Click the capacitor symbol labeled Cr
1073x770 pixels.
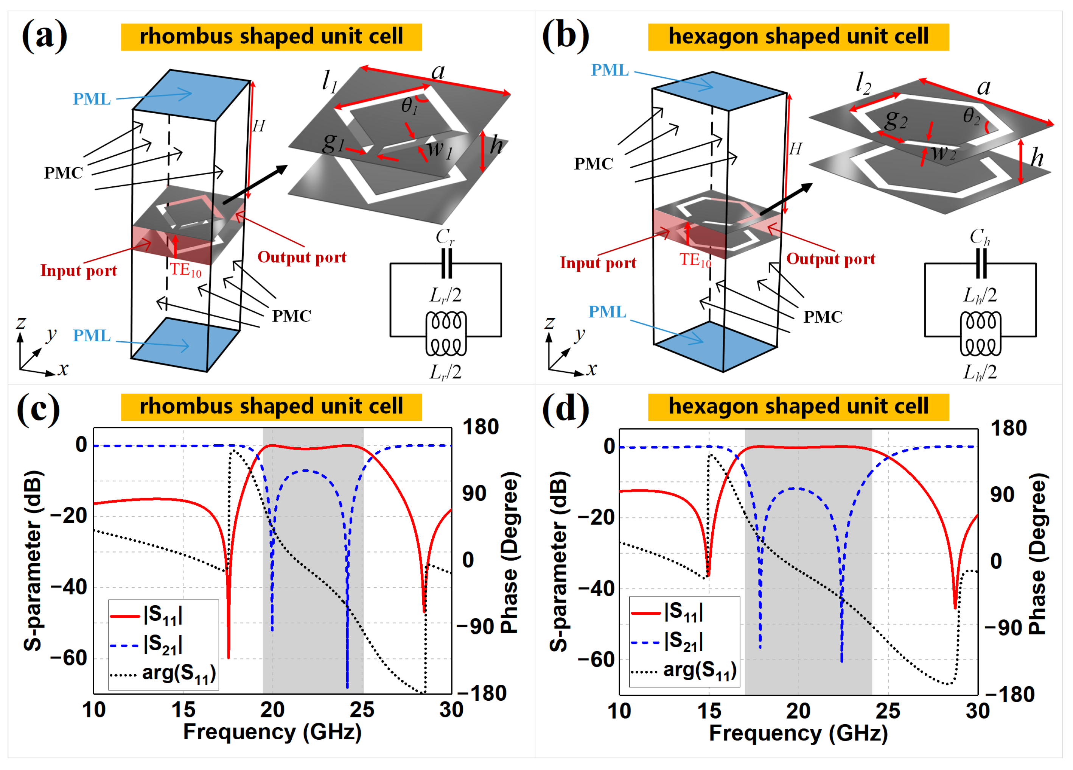[x=446, y=263]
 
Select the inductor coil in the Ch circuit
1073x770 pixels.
[x=980, y=333]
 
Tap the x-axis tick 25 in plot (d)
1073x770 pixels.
[x=888, y=711]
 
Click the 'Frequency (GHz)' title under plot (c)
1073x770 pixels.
[x=272, y=732]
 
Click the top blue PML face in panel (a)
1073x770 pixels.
[x=191, y=94]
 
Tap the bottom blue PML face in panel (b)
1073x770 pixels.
[x=715, y=346]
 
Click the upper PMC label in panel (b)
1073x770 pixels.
[x=593, y=164]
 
